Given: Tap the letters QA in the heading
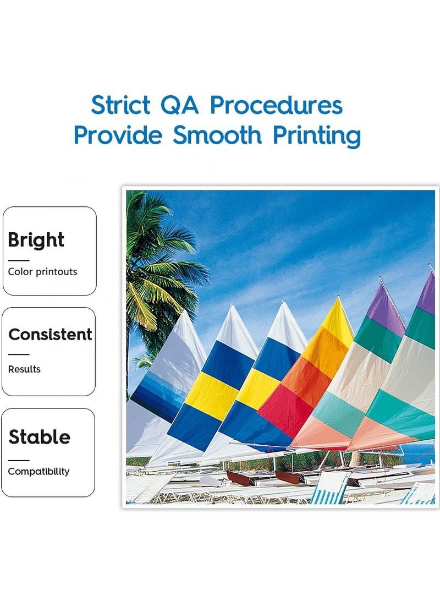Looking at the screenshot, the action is (x=180, y=105).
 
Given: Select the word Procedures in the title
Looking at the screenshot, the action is (x=276, y=105).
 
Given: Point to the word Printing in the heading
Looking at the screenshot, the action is (x=317, y=136).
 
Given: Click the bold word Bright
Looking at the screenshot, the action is (x=36, y=241).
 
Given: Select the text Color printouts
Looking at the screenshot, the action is (x=42, y=272).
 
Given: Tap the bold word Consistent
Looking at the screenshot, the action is (x=50, y=334).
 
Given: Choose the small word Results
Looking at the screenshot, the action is (x=24, y=369).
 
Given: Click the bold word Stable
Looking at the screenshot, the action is (x=40, y=437).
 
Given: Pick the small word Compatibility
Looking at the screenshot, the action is (x=38, y=471).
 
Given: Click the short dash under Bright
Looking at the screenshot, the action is (x=19, y=260).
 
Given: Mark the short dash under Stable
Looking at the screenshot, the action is (x=19, y=460).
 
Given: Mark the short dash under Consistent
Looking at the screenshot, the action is (x=19, y=354).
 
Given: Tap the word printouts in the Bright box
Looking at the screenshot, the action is (x=57, y=272).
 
